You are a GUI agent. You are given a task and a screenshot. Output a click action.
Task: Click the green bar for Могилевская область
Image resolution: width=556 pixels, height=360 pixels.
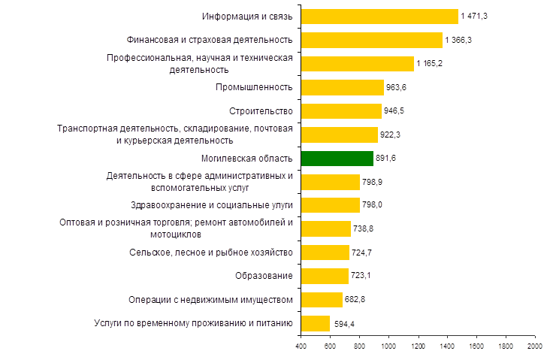[x=337, y=159]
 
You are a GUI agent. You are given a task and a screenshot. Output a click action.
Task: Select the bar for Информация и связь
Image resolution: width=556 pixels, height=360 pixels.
[x=379, y=17]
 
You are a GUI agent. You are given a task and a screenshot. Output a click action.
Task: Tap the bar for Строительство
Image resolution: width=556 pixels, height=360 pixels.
[x=341, y=111]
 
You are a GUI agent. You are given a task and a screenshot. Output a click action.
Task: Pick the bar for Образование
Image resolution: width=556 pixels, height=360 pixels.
[x=325, y=276]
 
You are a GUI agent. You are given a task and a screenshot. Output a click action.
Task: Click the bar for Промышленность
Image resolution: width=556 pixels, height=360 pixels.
[x=342, y=87]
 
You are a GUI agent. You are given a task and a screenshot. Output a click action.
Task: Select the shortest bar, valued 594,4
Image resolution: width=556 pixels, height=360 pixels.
[x=315, y=323]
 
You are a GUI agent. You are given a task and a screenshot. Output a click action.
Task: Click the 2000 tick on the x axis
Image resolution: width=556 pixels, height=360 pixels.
[x=535, y=346]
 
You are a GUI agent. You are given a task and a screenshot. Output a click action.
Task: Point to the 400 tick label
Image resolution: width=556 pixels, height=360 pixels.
[x=301, y=346]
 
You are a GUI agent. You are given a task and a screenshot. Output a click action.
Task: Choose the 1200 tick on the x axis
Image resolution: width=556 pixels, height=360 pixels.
[x=418, y=346]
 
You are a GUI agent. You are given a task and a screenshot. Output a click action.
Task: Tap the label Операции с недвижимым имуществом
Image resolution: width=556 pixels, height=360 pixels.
[x=221, y=300]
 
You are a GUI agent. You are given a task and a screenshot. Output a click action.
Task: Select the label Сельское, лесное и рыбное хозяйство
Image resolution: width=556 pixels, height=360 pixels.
[x=213, y=253]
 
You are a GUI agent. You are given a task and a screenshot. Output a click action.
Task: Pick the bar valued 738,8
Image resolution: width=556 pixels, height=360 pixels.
[x=325, y=228]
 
